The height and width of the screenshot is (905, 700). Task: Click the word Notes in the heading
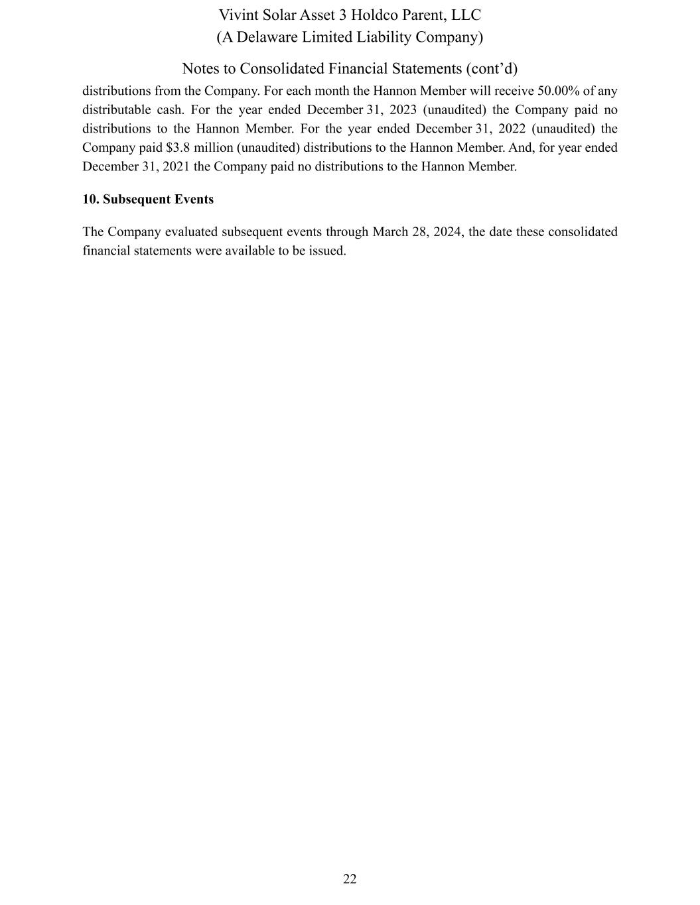(202, 69)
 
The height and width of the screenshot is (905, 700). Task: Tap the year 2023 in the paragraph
(399, 110)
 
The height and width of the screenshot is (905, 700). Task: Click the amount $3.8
(178, 148)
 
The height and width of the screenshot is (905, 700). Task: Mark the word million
(213, 148)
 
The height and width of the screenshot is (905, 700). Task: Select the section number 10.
(90, 200)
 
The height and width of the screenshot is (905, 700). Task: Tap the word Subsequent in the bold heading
(137, 200)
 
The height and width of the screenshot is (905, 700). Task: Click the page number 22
(350, 879)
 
